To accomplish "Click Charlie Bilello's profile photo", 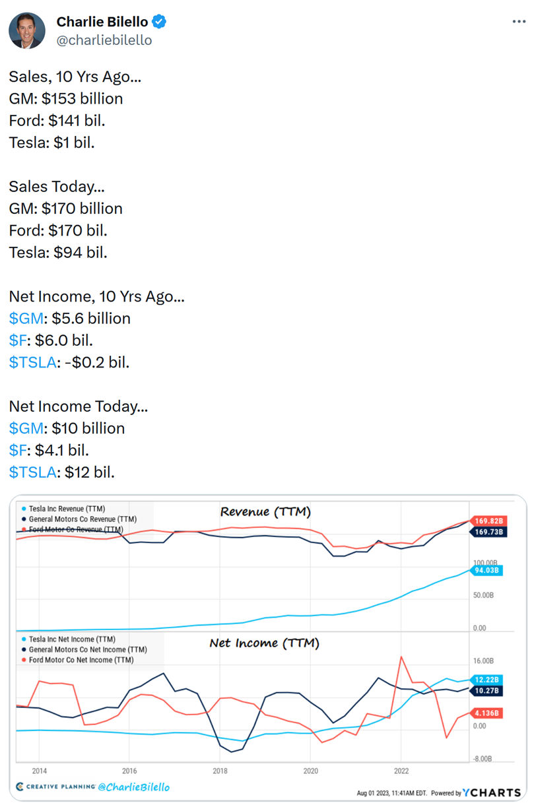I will (27, 30).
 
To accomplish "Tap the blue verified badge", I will (159, 22).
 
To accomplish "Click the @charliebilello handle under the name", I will (104, 40).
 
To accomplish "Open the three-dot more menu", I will (519, 22).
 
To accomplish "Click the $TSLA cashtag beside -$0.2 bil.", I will (32, 362).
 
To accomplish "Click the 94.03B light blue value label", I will (488, 571).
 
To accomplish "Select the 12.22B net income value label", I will (488, 680).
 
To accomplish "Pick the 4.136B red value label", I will (488, 713).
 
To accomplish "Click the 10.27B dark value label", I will (488, 691).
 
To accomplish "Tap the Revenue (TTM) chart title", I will (265, 512).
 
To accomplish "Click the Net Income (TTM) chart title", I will (264, 643).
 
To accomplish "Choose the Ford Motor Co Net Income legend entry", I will (81, 660).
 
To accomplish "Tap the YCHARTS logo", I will (492, 792).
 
